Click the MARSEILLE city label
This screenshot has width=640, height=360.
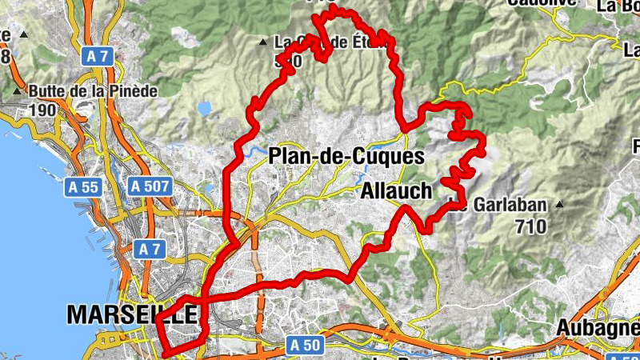click(132, 314)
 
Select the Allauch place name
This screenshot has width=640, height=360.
click(397, 191)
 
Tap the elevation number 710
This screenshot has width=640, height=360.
click(530, 226)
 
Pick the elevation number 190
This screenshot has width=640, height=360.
click(43, 110)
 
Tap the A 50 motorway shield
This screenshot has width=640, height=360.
click(305, 345)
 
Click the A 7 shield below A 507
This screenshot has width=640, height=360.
click(150, 249)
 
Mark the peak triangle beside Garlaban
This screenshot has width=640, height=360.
click(560, 204)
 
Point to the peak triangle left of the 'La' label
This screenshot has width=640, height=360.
click(263, 42)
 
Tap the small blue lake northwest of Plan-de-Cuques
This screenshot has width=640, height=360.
click(204, 106)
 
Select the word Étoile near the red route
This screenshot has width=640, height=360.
click(370, 42)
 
